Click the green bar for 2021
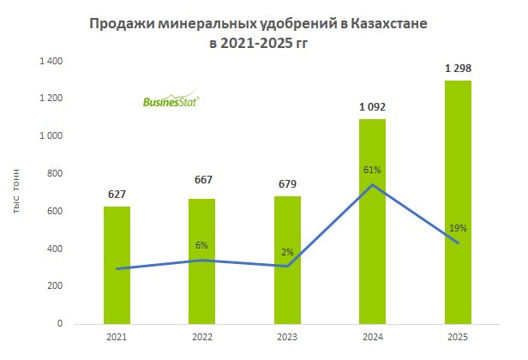[117, 266]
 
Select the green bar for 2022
[202, 261]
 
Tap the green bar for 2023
[287, 261]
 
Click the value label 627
[117, 194]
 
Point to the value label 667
[202, 180]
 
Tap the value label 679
[287, 183]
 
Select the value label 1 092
[372, 107]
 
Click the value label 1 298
[457, 68]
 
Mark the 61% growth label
[372, 170]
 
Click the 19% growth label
[457, 228]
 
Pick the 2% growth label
[287, 252]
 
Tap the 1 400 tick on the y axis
[51, 61]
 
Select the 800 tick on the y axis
[55, 174]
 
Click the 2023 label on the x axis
[287, 338]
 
